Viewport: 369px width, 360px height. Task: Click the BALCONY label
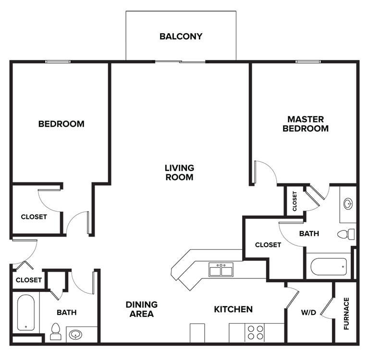181,36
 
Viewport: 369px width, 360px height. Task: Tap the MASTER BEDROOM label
306,124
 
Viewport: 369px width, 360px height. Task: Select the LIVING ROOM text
179,172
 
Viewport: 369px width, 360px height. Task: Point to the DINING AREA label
142,309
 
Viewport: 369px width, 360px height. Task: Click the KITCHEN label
233,309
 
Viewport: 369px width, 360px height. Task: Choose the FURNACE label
346,313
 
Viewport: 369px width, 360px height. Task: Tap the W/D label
308,313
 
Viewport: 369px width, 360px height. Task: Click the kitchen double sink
221,270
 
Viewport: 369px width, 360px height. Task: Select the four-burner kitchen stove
255,332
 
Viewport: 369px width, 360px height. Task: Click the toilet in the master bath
346,234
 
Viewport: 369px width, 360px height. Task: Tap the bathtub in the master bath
329,266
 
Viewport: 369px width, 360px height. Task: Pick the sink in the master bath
348,204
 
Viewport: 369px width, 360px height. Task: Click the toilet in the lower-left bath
56,331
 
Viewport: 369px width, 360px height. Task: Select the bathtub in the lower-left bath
26,312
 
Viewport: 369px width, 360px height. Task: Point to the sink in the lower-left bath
75,334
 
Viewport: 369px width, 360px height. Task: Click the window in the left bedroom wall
58,61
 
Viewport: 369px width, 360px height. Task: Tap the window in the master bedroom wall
308,61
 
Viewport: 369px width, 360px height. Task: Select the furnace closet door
328,307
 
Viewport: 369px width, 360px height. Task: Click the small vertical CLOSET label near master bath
295,201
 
